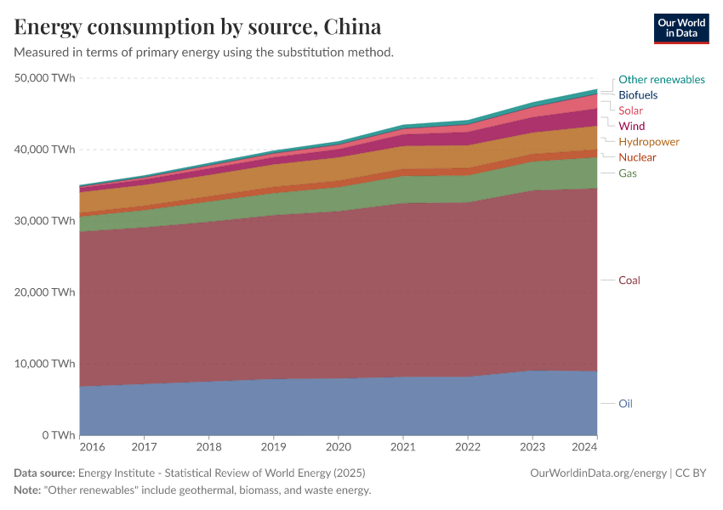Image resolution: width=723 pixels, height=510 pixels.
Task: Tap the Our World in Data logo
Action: pyautogui.click(x=680, y=28)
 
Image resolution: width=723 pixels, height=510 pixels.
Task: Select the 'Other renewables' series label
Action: pyautogui.click(x=661, y=79)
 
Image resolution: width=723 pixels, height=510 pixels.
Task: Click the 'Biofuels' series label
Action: pyautogui.click(x=638, y=95)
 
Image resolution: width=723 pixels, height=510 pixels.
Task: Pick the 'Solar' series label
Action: pyautogui.click(x=630, y=110)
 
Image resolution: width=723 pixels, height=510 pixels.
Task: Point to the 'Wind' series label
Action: pyautogui.click(x=631, y=126)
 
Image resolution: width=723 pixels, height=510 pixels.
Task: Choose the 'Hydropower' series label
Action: pyautogui.click(x=648, y=142)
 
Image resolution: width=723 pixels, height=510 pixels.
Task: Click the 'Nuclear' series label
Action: pyautogui.click(x=637, y=157)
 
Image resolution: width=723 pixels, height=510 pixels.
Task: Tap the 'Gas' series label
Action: pyautogui.click(x=628, y=173)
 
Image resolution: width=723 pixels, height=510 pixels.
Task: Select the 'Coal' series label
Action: pyautogui.click(x=629, y=280)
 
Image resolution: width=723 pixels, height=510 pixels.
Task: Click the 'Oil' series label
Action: pyautogui.click(x=625, y=404)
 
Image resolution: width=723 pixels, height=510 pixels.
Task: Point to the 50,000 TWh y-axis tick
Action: pyautogui.click(x=45, y=78)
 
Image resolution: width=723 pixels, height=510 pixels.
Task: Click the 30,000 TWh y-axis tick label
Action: pyautogui.click(x=45, y=221)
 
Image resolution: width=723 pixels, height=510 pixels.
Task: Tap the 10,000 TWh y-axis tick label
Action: pyautogui.click(x=45, y=364)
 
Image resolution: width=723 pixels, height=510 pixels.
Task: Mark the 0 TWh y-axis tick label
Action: pyautogui.click(x=55, y=435)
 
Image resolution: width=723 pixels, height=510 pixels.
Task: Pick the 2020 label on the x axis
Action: pyautogui.click(x=339, y=446)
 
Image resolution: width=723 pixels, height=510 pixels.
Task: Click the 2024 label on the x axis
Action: pyautogui.click(x=585, y=446)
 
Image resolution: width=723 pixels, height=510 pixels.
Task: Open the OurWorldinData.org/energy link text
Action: pyautogui.click(x=599, y=473)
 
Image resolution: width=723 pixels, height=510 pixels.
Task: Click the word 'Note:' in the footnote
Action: pyautogui.click(x=29, y=490)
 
